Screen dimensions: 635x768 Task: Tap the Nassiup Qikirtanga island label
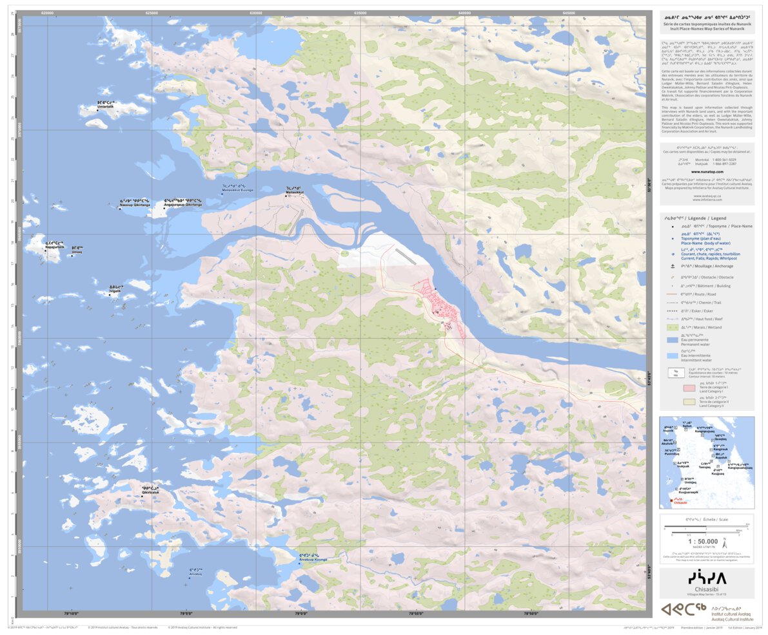134,204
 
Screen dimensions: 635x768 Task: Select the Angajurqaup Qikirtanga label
182,204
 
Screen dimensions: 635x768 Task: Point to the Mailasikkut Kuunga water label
237,190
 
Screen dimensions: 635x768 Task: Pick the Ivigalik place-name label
115,291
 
